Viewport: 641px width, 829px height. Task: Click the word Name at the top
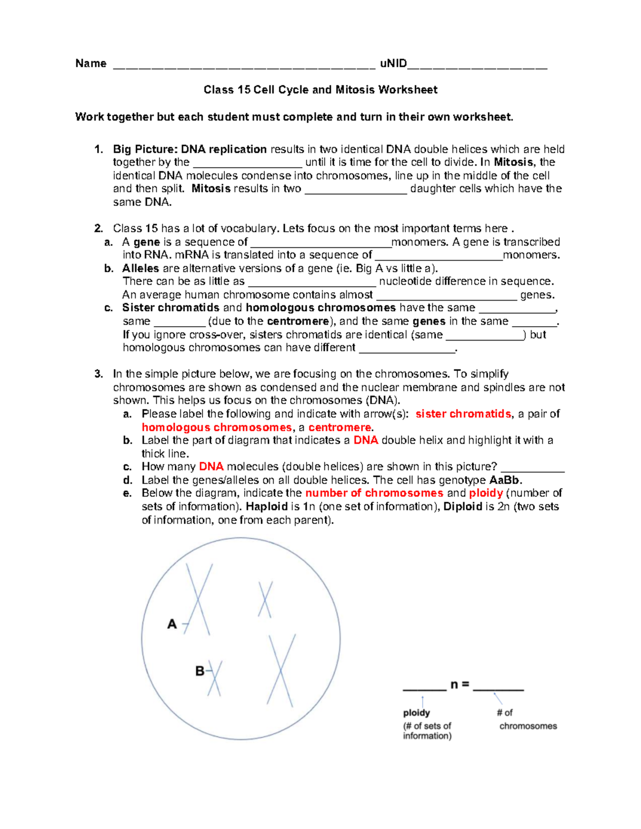click(x=91, y=64)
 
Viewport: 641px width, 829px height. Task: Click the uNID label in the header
click(x=393, y=64)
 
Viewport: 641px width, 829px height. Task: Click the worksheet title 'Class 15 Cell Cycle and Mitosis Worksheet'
click(x=320, y=90)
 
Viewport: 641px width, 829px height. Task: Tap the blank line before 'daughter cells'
click(x=356, y=190)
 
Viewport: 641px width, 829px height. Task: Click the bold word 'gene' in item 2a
click(x=146, y=242)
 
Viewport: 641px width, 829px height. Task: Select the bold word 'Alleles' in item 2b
click(x=140, y=268)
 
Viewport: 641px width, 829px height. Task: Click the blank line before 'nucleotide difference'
click(x=312, y=282)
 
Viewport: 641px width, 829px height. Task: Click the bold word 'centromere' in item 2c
click(x=298, y=321)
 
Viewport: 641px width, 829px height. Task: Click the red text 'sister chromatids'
click(x=463, y=414)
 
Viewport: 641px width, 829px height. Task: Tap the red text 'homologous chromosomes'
click(x=216, y=428)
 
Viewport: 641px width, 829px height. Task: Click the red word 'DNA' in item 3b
click(x=365, y=440)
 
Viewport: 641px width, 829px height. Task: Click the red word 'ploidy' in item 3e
click(x=486, y=493)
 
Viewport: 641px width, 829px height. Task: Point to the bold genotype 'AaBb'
click(x=504, y=480)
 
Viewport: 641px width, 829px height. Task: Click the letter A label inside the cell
click(x=172, y=624)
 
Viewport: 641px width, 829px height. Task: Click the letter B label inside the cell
click(x=199, y=671)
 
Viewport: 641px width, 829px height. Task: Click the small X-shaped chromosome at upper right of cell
click(x=265, y=599)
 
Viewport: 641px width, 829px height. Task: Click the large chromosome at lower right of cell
click(x=281, y=670)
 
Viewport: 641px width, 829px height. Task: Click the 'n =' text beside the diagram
click(x=459, y=685)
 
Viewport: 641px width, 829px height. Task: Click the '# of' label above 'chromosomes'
click(x=504, y=713)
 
